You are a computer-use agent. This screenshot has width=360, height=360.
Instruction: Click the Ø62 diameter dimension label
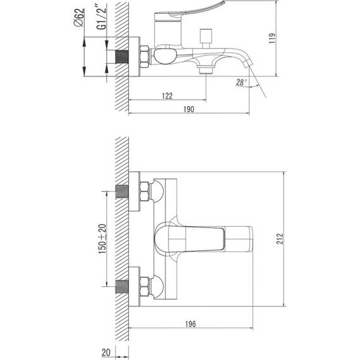(79, 18)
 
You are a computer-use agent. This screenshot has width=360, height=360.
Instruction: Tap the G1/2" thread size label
(102, 17)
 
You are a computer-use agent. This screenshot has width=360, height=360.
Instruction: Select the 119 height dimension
(272, 39)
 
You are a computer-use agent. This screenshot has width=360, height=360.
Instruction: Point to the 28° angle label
(241, 82)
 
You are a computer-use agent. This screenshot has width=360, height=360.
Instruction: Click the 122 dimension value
(167, 96)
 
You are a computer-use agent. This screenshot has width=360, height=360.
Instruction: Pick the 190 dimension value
(189, 109)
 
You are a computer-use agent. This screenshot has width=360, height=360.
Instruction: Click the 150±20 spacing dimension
(102, 239)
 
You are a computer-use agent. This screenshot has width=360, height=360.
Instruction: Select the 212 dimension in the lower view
(280, 239)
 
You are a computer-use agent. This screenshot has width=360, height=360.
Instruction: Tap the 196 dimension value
(191, 324)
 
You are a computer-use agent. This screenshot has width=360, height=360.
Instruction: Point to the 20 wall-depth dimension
(106, 352)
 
